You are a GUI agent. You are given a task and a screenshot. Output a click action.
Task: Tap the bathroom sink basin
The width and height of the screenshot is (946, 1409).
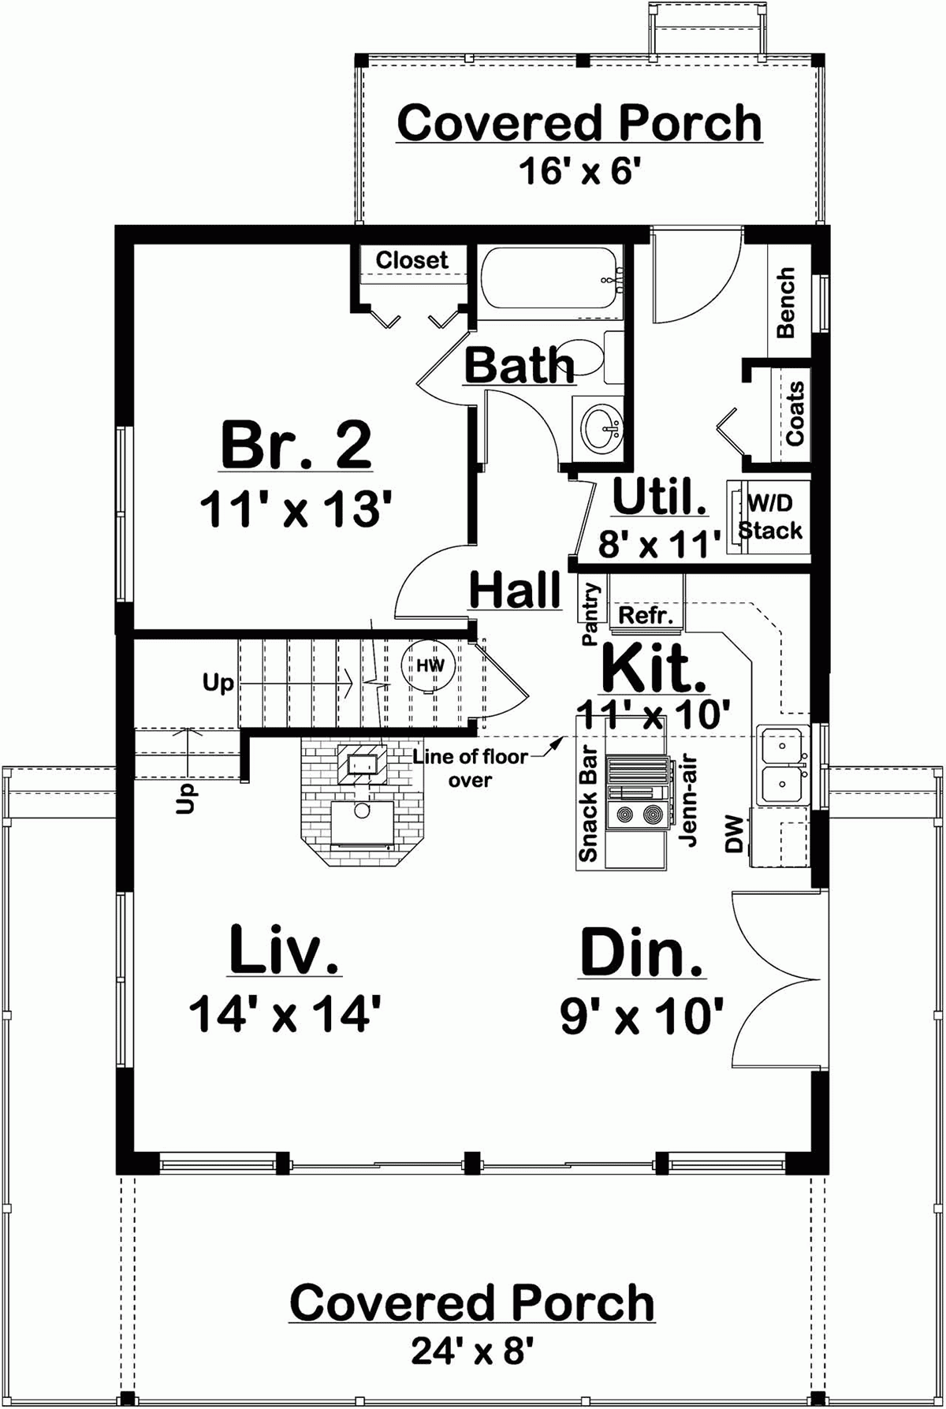(604, 428)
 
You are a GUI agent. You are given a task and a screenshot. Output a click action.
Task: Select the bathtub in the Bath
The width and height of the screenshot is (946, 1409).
(549, 281)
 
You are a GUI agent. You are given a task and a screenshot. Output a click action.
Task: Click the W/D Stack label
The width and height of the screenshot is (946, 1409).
(770, 516)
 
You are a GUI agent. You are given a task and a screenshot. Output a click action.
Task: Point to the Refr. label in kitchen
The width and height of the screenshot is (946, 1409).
(646, 615)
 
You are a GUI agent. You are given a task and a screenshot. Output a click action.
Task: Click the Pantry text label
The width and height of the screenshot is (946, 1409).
(591, 614)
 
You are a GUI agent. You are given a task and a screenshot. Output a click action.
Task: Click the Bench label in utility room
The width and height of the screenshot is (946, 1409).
(786, 303)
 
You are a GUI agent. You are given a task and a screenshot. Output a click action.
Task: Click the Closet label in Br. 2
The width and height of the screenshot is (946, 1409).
(412, 260)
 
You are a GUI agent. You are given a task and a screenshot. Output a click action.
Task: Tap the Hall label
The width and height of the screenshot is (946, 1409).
(515, 589)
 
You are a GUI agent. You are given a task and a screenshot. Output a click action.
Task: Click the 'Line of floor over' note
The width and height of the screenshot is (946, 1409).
(471, 768)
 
